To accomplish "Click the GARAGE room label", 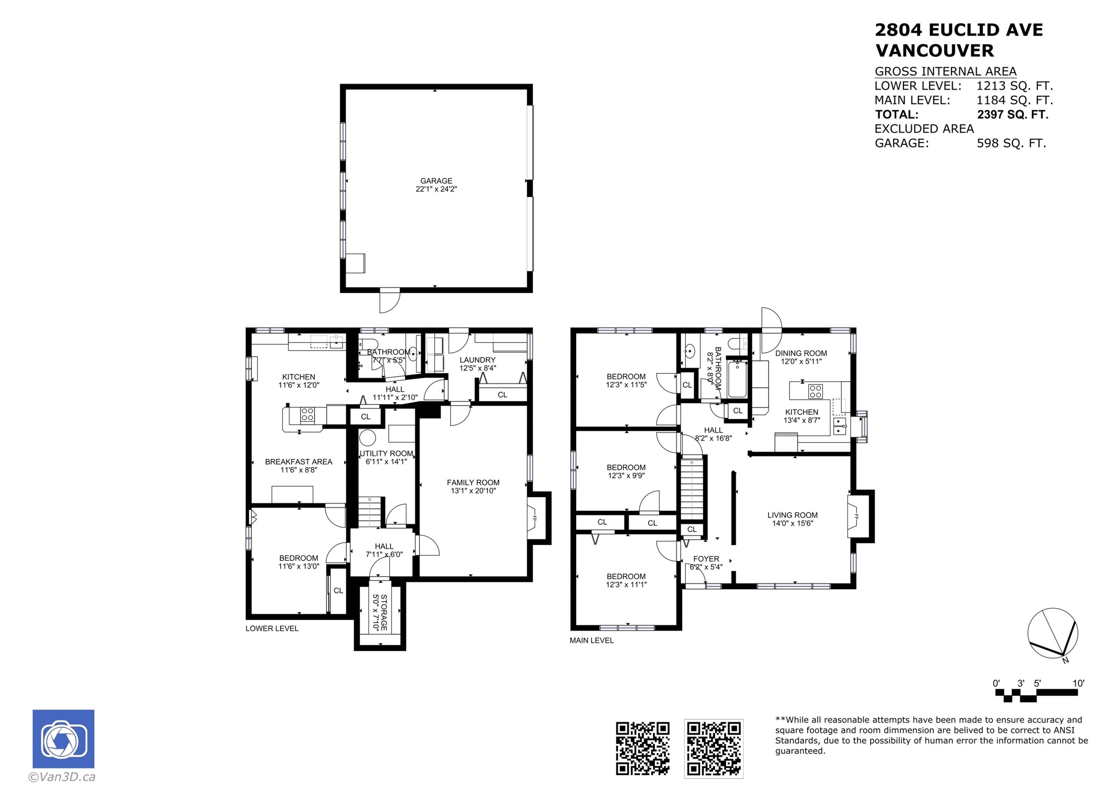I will click(x=436, y=181).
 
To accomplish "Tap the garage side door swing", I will click(x=389, y=300).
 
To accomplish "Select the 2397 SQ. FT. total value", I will click(x=1012, y=114).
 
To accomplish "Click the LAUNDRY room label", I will click(x=477, y=360).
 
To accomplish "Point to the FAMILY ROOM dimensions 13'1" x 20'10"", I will click(x=473, y=491).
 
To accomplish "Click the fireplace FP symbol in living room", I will click(x=856, y=517).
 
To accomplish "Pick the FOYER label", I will click(x=706, y=559).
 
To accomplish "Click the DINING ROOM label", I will click(x=801, y=353).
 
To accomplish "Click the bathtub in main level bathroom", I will click(x=737, y=379).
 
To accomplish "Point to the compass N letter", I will click(x=1065, y=660).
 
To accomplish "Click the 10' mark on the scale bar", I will click(x=1078, y=683).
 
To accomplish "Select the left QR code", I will click(x=643, y=748).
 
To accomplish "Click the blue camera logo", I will click(x=63, y=739).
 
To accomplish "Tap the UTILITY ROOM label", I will click(x=386, y=453).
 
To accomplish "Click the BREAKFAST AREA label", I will click(x=299, y=462).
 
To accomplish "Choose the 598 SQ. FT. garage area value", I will click(x=1011, y=143).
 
